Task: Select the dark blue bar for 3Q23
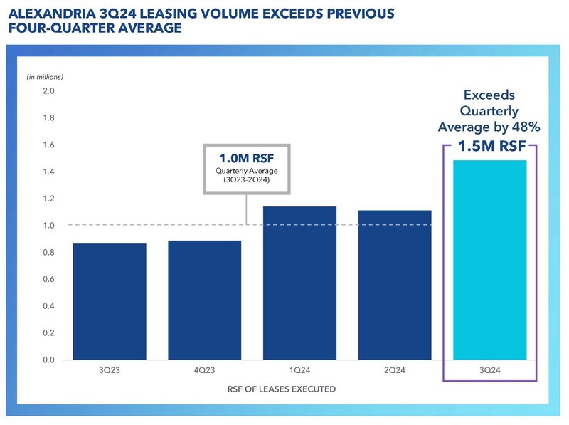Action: point(110,302)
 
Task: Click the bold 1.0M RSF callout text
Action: point(245,159)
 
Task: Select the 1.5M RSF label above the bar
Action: point(489,147)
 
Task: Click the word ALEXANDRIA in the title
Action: point(49,14)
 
